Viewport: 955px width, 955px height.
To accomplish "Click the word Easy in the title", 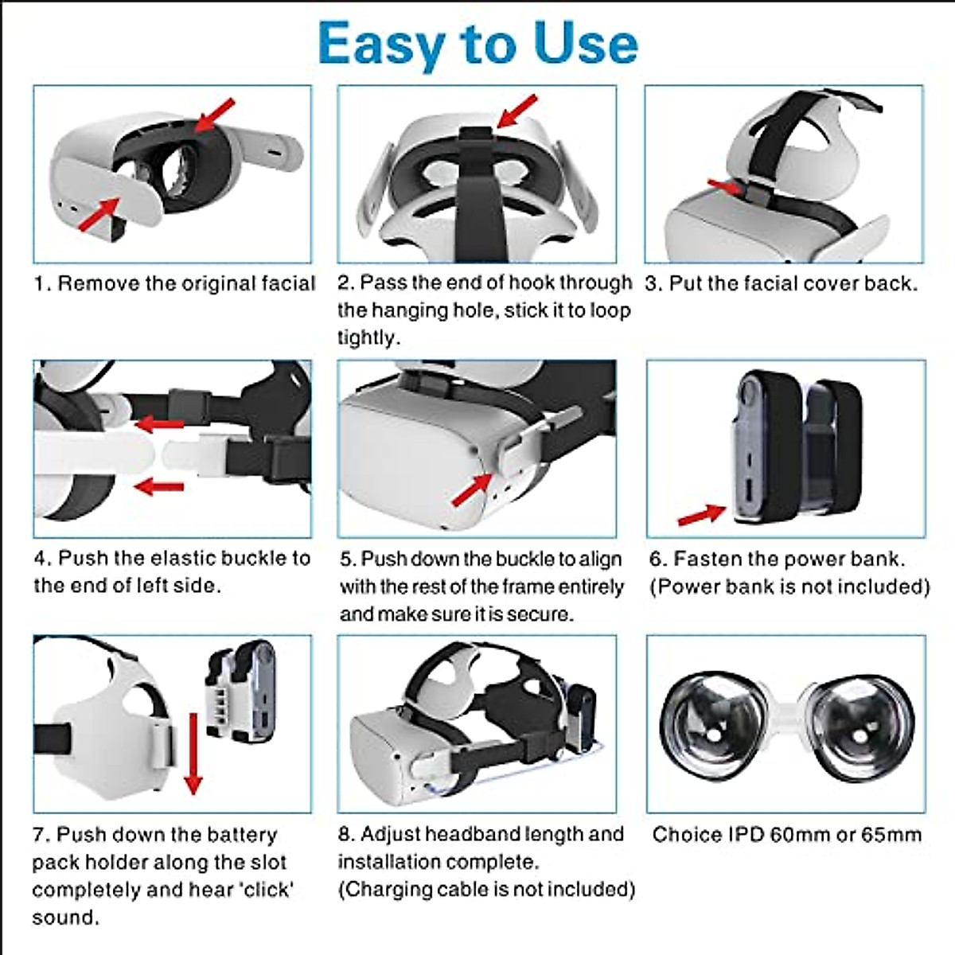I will (x=380, y=44).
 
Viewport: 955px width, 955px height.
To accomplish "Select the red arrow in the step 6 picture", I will (x=700, y=515).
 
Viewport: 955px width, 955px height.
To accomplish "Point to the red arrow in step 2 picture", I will (x=517, y=111).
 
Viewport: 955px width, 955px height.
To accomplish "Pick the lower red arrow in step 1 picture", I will (x=99, y=213).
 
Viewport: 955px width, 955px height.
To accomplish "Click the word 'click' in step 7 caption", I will (x=265, y=890).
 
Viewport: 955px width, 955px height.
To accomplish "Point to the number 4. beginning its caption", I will (x=42, y=559).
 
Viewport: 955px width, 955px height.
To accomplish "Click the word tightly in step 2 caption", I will (x=368, y=337).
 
